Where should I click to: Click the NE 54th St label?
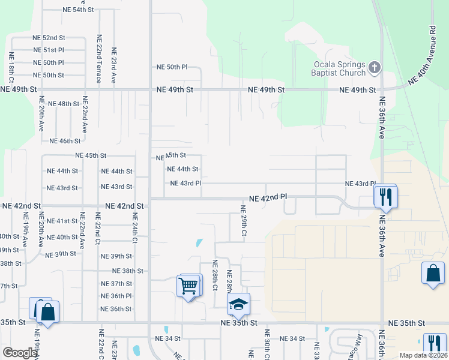click(78, 10)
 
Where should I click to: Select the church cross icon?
click(374, 67)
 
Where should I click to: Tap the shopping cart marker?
click(188, 285)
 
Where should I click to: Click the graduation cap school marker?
click(238, 305)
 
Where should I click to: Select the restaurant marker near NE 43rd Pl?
click(384, 196)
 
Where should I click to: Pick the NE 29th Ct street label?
click(244, 220)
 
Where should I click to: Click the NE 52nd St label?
click(49, 38)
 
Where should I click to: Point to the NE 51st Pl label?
click(48, 50)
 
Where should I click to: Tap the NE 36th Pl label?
click(116, 296)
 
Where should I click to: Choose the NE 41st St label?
click(62, 221)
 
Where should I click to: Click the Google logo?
click(19, 353)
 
